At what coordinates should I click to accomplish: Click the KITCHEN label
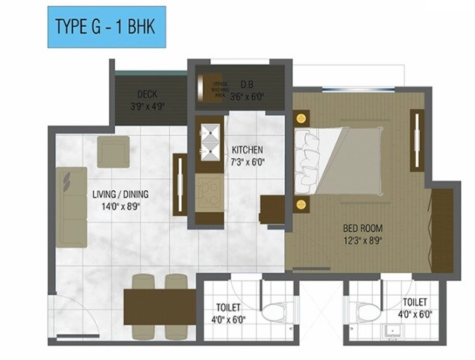[247, 148]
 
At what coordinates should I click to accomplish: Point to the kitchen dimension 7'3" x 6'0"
[247, 161]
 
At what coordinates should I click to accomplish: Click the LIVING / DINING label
[121, 195]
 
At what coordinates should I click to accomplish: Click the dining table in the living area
[160, 306]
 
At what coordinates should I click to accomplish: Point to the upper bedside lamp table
[301, 119]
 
